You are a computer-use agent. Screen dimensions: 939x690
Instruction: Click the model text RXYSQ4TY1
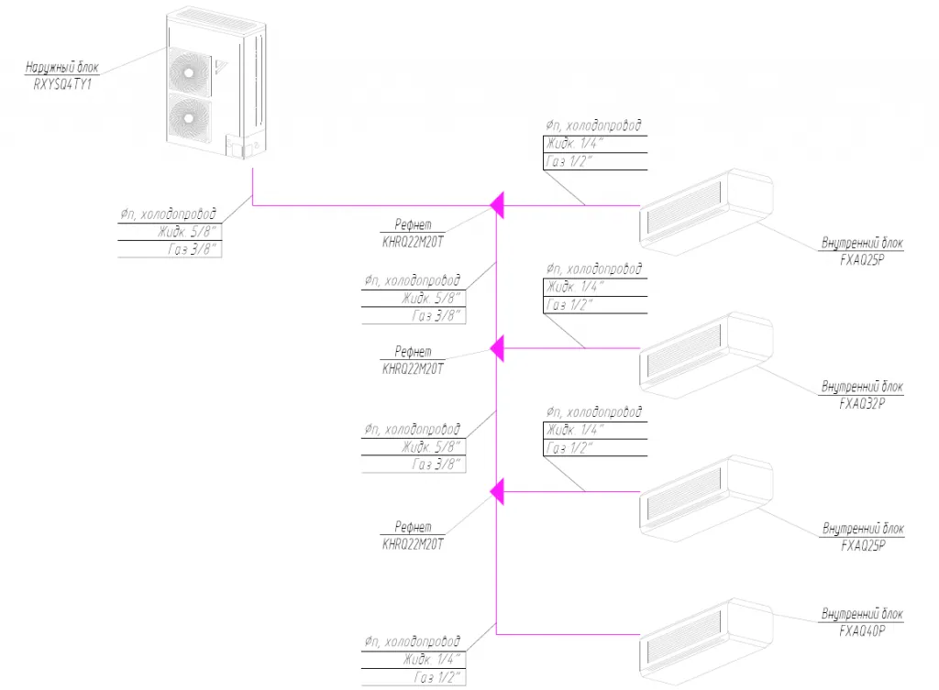62,84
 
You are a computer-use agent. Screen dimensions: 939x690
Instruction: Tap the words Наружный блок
61,67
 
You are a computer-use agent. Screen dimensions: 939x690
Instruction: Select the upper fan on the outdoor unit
189,72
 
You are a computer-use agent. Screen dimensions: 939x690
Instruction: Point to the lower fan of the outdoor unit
189,118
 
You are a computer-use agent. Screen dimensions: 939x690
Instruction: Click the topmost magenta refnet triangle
496,205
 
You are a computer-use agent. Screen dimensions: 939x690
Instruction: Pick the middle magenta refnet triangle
496,348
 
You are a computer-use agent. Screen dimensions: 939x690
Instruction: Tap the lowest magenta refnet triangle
496,491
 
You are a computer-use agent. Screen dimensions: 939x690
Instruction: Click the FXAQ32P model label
862,404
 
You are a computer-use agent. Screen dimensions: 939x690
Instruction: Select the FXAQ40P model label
862,630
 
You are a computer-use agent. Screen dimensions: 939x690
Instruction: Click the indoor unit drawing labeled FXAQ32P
705,355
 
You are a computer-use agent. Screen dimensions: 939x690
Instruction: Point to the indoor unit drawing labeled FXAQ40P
705,641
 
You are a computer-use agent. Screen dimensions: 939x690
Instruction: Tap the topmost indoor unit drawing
705,212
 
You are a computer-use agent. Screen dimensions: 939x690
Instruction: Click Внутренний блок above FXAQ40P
862,614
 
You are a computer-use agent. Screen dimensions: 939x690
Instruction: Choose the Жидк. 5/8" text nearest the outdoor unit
187,232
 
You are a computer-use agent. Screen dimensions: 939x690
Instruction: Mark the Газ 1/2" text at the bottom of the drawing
437,677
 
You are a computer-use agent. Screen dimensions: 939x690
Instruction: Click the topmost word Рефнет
413,225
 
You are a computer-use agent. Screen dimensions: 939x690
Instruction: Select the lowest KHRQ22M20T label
413,544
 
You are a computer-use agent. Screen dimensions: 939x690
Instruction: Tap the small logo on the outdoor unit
220,66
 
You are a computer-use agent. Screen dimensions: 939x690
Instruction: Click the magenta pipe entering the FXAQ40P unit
569,634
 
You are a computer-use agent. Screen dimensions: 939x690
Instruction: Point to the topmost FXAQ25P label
862,260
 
